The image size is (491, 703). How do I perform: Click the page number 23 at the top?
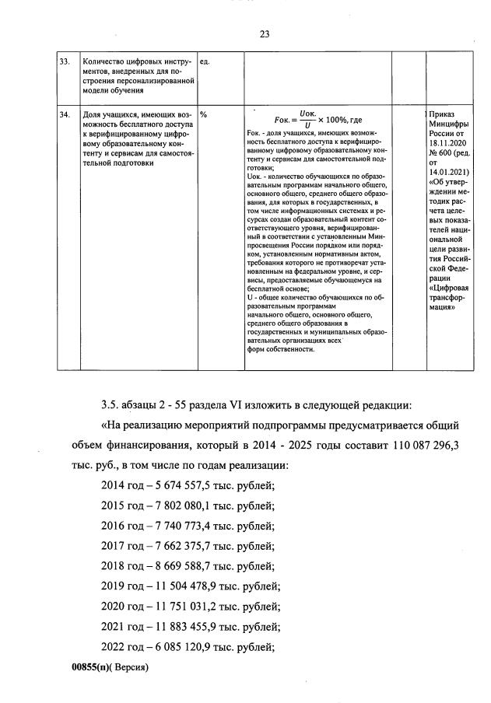tap(264, 33)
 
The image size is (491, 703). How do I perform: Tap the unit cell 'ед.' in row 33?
tap(205, 61)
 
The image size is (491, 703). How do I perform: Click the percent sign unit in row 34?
tap(204, 114)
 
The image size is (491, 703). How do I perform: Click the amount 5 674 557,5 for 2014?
tap(182, 485)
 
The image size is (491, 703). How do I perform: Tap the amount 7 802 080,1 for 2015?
tap(182, 505)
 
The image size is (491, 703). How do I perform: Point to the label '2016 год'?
tap(121, 526)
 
